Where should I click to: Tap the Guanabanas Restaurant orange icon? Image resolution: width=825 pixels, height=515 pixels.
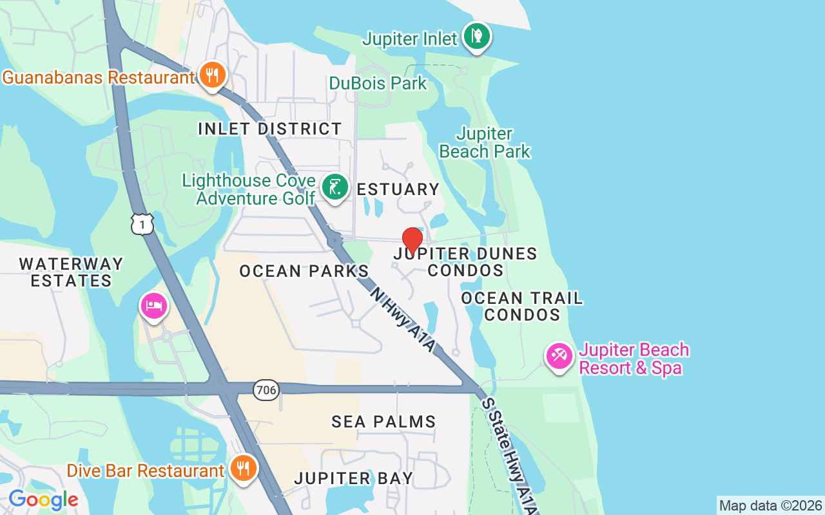pyautogui.click(x=212, y=76)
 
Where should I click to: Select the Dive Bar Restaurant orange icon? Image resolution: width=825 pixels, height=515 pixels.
pyautogui.click(x=243, y=469)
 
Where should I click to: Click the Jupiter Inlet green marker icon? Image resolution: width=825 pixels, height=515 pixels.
pyautogui.click(x=476, y=37)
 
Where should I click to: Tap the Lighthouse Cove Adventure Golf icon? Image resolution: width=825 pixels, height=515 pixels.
pyautogui.click(x=335, y=187)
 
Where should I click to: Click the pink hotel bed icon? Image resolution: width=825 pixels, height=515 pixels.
pyautogui.click(x=154, y=305)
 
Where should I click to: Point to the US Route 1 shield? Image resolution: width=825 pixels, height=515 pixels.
pyautogui.click(x=142, y=223)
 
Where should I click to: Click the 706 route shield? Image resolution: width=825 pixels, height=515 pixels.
pyautogui.click(x=266, y=389)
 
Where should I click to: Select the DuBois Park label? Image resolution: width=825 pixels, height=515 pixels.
pyautogui.click(x=378, y=83)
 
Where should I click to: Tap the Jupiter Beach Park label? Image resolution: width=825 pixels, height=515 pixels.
pyautogui.click(x=485, y=143)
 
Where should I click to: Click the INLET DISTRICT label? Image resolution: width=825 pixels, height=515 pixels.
pyautogui.click(x=269, y=129)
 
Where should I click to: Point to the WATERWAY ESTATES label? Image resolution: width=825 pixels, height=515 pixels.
pyautogui.click(x=71, y=272)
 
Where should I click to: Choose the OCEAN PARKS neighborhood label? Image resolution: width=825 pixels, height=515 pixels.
pyautogui.click(x=304, y=271)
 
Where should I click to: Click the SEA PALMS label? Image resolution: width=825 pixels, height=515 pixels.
pyautogui.click(x=383, y=422)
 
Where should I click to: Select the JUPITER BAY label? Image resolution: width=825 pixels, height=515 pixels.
pyautogui.click(x=354, y=478)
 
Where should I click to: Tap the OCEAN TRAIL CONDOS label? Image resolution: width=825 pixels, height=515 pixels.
pyautogui.click(x=522, y=306)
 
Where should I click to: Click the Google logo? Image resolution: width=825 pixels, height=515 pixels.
pyautogui.click(x=43, y=500)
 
